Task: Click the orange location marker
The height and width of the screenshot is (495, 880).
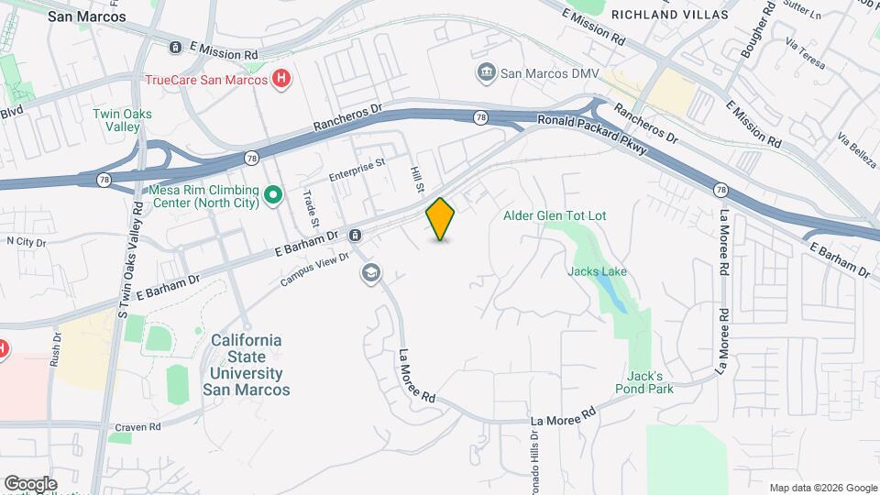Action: point(441,219)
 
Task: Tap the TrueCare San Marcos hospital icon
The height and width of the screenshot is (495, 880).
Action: point(283,80)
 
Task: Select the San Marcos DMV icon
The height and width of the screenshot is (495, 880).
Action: point(486,71)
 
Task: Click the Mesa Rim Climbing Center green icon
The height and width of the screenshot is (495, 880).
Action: point(272,194)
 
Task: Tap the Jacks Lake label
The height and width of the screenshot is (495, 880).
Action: point(597,271)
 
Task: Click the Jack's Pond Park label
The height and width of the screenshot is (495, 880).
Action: point(650,382)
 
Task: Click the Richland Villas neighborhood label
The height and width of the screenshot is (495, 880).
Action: point(669,15)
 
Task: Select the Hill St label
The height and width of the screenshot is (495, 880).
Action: point(419,180)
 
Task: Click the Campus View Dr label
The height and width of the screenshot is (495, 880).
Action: point(315,269)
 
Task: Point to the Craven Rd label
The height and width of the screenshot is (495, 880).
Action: point(138,427)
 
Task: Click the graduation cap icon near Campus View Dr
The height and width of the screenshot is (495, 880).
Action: point(370,272)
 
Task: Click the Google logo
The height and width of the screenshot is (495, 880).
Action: point(30,483)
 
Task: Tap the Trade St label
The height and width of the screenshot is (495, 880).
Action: point(313,208)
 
